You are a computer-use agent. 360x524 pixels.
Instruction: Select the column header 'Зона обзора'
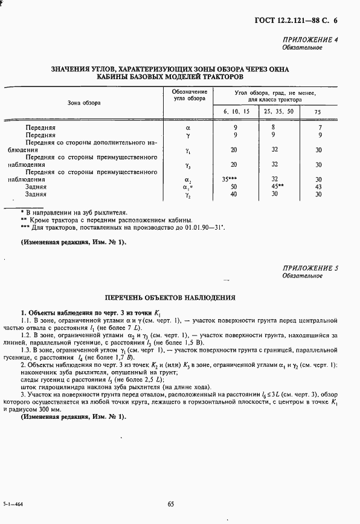[84, 103]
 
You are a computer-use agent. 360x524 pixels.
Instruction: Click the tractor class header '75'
[318, 112]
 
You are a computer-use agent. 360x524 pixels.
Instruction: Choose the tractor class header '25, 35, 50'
[278, 112]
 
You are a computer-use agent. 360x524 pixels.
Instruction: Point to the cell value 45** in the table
[277, 187]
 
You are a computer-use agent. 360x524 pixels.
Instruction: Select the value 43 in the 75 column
[318, 187]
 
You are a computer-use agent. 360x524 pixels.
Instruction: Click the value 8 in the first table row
[274, 128]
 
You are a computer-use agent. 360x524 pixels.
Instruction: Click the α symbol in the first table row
[188, 128]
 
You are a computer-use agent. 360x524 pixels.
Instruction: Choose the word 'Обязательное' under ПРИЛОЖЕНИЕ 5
[302, 276]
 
